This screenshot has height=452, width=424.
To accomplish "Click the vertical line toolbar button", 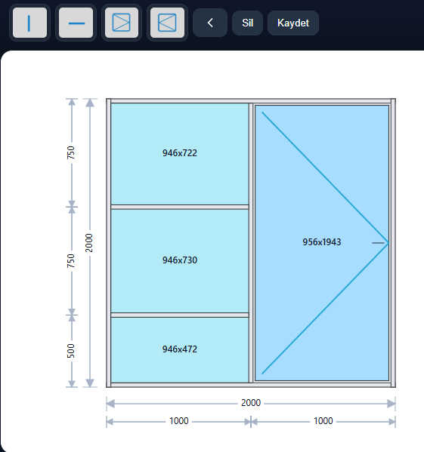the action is tap(29, 23).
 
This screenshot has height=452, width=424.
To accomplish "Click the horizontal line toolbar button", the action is tap(76, 23).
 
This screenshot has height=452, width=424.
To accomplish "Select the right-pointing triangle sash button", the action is tap(122, 23).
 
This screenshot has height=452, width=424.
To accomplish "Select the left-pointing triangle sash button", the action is tap(167, 23).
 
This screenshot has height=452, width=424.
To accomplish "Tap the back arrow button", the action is tap(210, 23).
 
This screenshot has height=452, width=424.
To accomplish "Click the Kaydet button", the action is tap(293, 23).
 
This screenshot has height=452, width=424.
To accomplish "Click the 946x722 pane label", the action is tap(180, 153).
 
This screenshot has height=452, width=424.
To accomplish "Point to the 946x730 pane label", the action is tap(180, 260).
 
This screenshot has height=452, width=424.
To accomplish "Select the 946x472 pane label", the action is tap(180, 349).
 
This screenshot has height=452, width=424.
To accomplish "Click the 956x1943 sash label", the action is tap(322, 242).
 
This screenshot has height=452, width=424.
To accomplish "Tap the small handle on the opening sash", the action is tap(378, 243).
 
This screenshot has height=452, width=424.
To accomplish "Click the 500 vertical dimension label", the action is tap(71, 351).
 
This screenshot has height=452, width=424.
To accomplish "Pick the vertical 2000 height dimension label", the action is tap(89, 243).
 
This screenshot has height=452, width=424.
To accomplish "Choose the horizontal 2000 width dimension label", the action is tap(251, 403).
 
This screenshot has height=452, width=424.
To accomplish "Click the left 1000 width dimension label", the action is tap(179, 421).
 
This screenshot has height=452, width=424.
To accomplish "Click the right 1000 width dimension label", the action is tap(323, 421).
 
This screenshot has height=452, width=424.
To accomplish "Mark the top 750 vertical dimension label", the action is tap(71, 152).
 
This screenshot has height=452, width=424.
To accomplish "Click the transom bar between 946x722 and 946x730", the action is tap(180, 207).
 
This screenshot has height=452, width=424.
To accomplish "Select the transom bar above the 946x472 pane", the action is tap(180, 315).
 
